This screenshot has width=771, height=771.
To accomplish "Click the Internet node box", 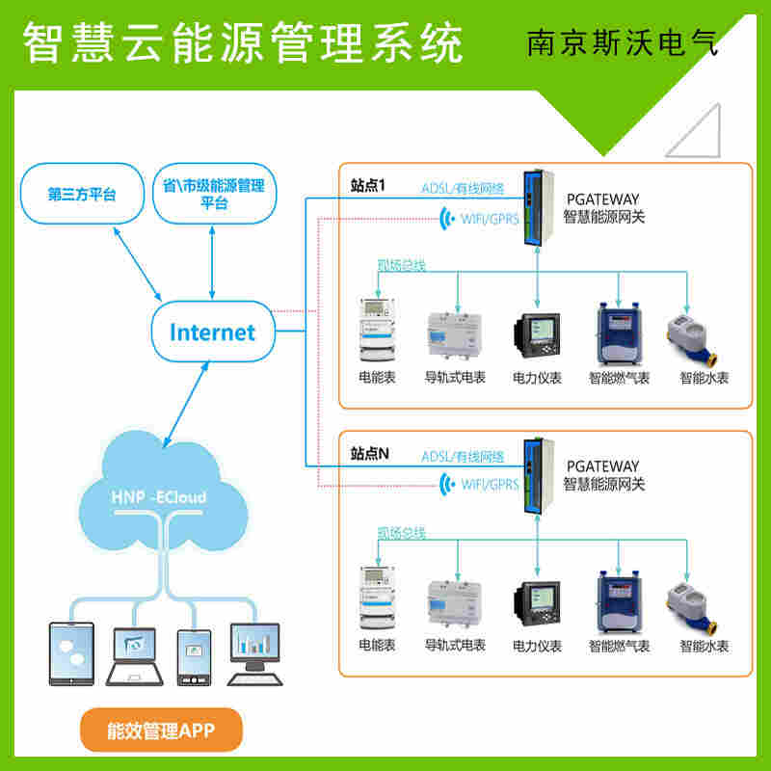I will pyautogui.click(x=213, y=332).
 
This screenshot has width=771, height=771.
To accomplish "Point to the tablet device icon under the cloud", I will pyautogui.click(x=72, y=652).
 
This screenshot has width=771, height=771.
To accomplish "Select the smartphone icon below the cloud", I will pyautogui.click(x=194, y=651).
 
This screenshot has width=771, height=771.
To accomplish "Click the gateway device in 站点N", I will pyautogui.click(x=536, y=475).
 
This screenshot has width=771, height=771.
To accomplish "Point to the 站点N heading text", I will pyautogui.click(x=370, y=453).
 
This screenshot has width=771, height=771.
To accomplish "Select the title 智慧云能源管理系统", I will pyautogui.click(x=242, y=43).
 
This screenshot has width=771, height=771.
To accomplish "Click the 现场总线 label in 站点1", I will pyautogui.click(x=402, y=264).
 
